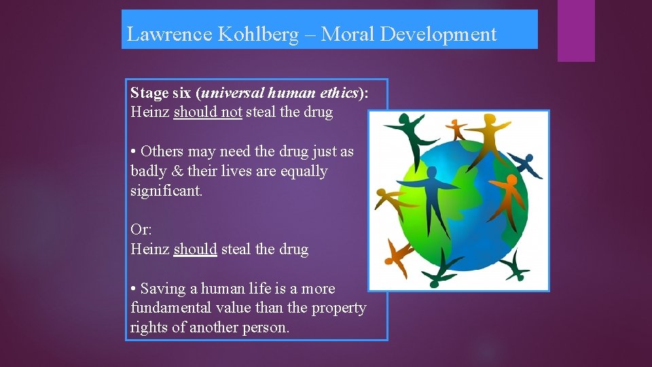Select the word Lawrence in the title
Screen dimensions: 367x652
(x=169, y=35)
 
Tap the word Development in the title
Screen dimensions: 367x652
(x=438, y=35)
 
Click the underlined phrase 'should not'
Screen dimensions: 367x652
(x=208, y=112)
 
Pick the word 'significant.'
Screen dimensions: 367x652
(x=166, y=190)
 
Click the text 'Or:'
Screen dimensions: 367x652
(x=141, y=230)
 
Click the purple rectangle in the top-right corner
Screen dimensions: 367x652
(x=576, y=31)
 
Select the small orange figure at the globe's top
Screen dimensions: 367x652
(x=457, y=128)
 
